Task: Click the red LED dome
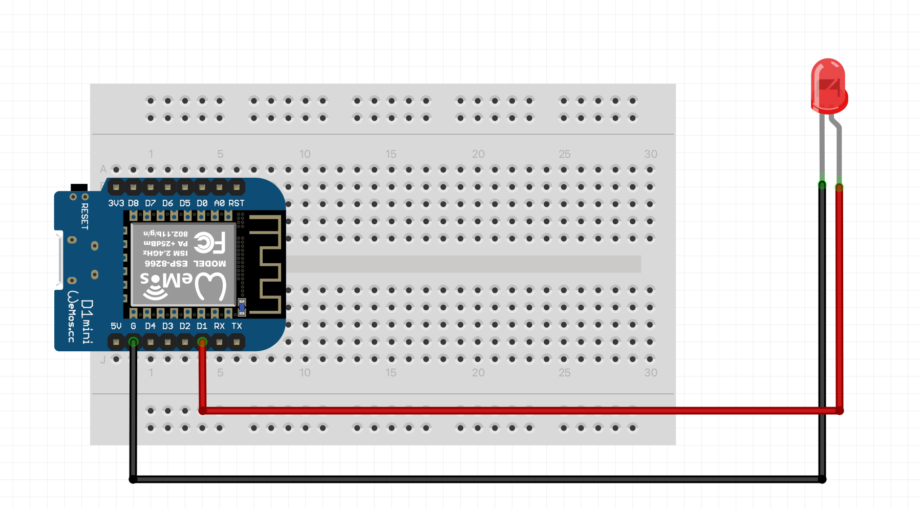click(x=828, y=85)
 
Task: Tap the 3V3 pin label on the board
click(x=116, y=203)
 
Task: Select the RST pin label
click(x=236, y=203)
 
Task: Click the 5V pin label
click(x=116, y=326)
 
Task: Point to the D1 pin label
click(x=202, y=326)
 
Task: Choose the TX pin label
click(x=237, y=326)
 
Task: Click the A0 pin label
click(x=219, y=203)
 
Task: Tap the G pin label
click(x=133, y=326)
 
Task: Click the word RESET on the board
click(x=84, y=216)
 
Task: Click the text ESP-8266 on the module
click(x=166, y=264)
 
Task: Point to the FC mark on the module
click(x=210, y=243)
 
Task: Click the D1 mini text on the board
click(x=88, y=321)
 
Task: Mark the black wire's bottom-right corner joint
click(x=822, y=479)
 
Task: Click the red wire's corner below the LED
click(x=840, y=411)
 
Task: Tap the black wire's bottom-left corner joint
click(x=133, y=479)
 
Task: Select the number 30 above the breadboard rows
click(x=651, y=154)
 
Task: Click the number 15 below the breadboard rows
click(x=391, y=373)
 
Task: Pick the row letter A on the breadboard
click(x=103, y=169)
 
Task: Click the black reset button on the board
click(x=79, y=187)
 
